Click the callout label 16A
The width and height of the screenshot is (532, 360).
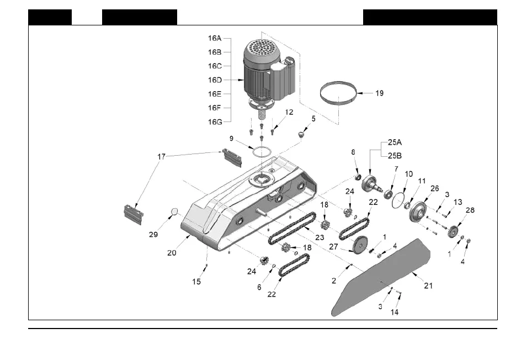click(215, 39)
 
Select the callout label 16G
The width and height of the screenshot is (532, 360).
click(215, 122)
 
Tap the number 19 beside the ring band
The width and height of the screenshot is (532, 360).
click(380, 93)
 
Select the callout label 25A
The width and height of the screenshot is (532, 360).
click(394, 141)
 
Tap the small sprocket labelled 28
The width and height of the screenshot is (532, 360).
click(454, 231)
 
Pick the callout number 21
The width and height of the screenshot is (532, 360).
click(428, 285)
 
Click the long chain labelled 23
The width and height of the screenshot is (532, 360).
click(292, 229)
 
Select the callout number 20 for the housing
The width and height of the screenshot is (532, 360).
click(172, 253)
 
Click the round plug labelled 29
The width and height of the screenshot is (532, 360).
click(173, 211)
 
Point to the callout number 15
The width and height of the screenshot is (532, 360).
click(197, 282)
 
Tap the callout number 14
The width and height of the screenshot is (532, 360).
click(394, 311)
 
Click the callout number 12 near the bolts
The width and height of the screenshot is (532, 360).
click(289, 112)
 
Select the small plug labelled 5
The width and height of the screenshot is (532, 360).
click(301, 134)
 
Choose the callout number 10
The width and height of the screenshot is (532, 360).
click(408, 174)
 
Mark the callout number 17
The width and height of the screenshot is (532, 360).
click(161, 156)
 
